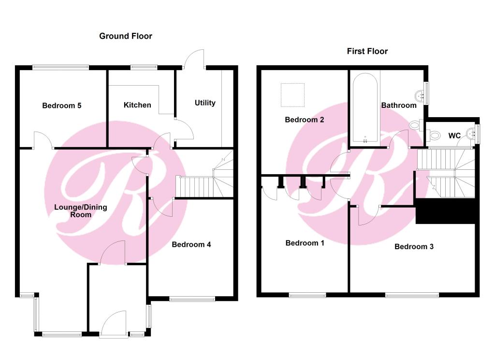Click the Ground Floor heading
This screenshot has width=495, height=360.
tap(126, 36)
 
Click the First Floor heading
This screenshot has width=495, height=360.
tap(367, 51)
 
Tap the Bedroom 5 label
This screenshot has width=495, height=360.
tap(62, 105)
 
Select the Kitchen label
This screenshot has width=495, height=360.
tap(137, 105)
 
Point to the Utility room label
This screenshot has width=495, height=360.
tap(205, 103)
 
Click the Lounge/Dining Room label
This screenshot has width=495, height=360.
tap(81, 211)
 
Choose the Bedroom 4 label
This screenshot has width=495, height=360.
tap(191, 245)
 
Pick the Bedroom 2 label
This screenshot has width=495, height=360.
tap(305, 120)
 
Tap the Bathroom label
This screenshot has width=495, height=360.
tap(399, 105)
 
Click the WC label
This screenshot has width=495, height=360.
tap(454, 136)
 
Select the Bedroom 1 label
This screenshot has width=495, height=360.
tap(305, 243)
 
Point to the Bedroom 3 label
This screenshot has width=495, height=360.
tap(414, 246)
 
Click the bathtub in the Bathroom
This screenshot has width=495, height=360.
tap(365, 108)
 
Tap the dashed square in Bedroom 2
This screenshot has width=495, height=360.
tap(292, 95)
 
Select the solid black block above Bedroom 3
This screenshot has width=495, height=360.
tap(445, 211)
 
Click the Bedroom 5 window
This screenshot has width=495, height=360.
tap(60, 67)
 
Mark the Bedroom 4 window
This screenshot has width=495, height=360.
tap(192, 299)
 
